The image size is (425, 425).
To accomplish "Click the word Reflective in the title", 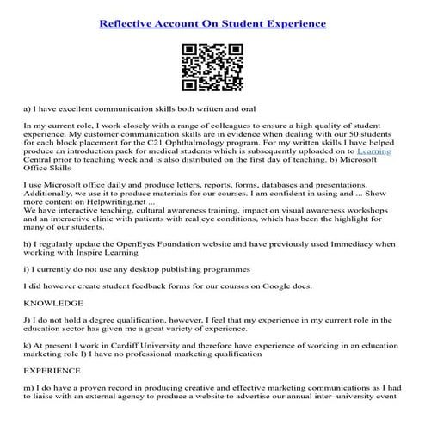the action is [128, 22].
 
